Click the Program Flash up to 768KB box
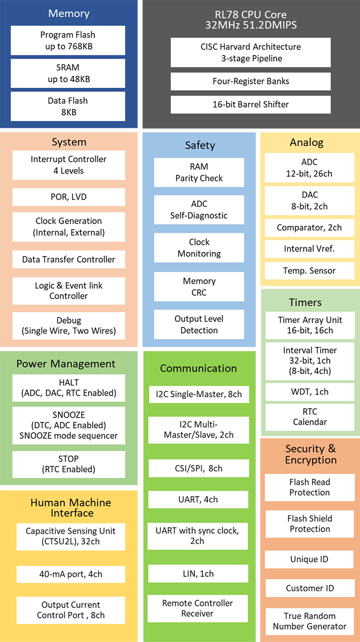(68, 40)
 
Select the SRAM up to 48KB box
(68, 73)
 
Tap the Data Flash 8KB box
(68, 106)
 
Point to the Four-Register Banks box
(251, 81)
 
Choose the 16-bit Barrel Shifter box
(251, 104)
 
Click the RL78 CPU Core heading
(251, 19)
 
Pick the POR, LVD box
(69, 197)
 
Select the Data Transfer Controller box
(69, 259)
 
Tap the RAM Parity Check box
(199, 172)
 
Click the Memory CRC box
(199, 287)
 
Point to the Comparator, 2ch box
(309, 228)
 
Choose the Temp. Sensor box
(309, 270)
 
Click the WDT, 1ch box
(310, 392)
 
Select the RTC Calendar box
(310, 417)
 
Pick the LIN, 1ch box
(198, 573)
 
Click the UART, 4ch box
(198, 499)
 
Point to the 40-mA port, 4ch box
(71, 574)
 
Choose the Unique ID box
(310, 559)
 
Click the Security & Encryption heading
(310, 454)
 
